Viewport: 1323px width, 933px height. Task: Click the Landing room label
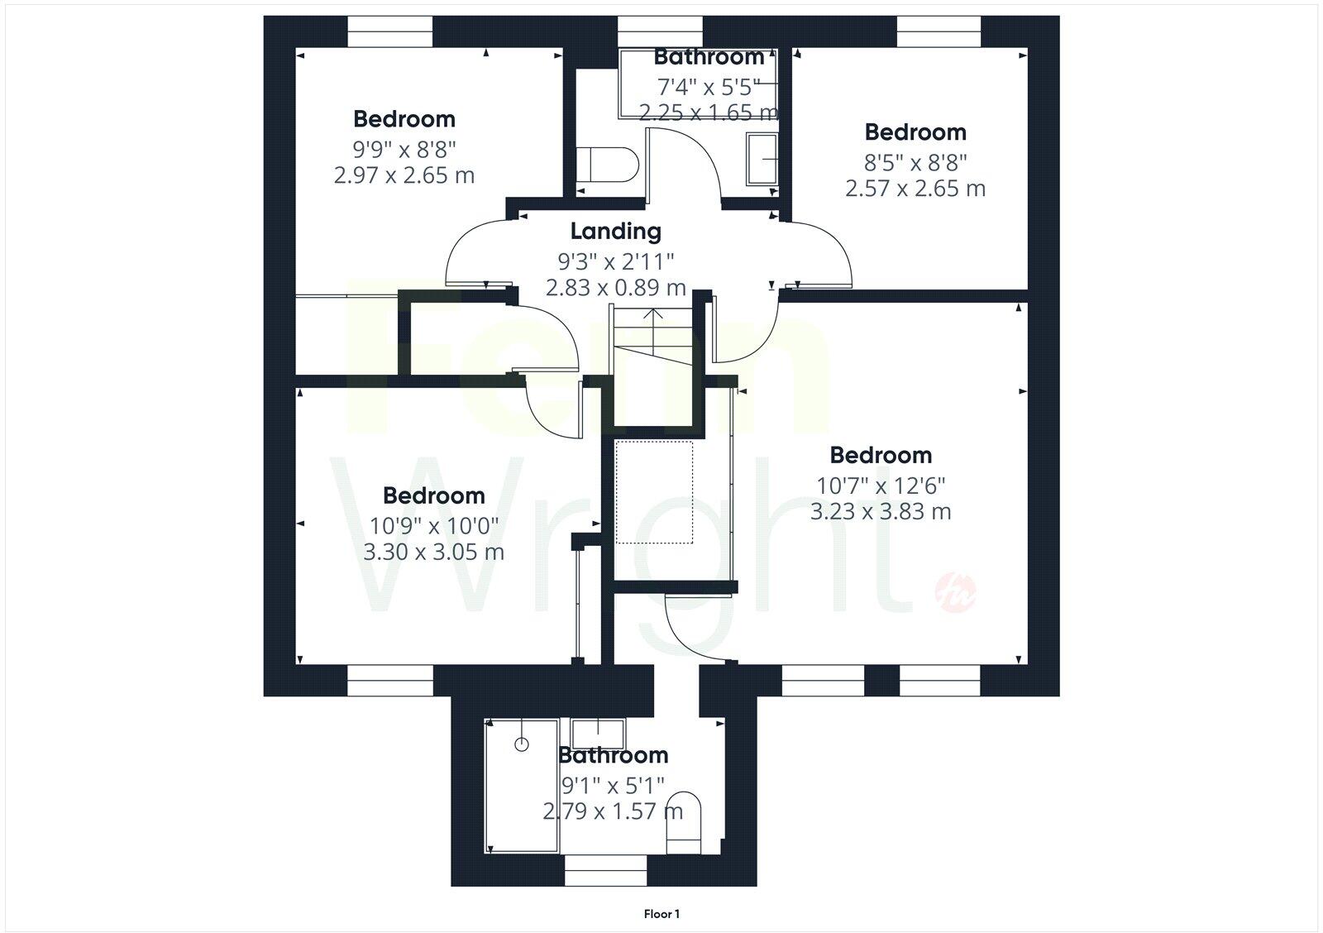[x=615, y=231]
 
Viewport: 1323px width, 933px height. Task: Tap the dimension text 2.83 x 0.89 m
[x=615, y=288]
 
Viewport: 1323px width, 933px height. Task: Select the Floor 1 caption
[x=661, y=914]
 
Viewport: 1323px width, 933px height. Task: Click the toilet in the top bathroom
[x=607, y=165]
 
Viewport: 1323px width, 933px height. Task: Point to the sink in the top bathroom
[x=762, y=158]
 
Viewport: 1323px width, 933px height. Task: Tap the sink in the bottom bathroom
[x=599, y=733]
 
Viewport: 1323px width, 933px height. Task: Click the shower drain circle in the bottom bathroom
[x=521, y=744]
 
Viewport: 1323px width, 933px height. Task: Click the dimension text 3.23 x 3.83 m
[x=881, y=511]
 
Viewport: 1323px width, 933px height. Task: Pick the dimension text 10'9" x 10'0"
[x=434, y=525]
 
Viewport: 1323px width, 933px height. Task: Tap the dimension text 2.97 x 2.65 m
[x=404, y=175]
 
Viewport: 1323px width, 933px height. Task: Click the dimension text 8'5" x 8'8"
[x=915, y=161]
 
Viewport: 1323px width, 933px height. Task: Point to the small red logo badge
[x=955, y=592]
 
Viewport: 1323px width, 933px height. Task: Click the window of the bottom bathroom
[x=605, y=871]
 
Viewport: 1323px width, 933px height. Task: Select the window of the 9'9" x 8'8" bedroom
[x=389, y=31]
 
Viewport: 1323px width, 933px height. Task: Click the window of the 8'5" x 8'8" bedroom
[x=939, y=31]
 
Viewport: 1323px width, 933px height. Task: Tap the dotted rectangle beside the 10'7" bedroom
[x=654, y=492]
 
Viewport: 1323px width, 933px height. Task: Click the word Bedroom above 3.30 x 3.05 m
[x=434, y=495]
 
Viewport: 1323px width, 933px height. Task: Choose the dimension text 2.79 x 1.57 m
[x=613, y=811]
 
